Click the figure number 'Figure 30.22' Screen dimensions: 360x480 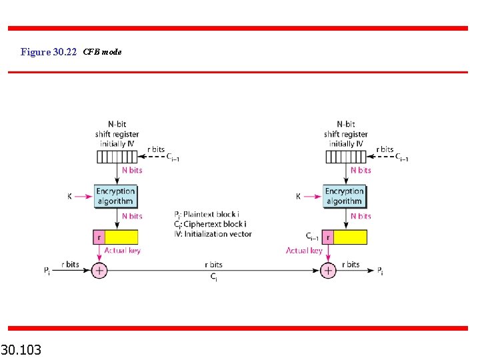point(49,52)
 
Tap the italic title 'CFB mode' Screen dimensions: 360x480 point(102,52)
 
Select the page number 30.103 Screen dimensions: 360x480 point(21,349)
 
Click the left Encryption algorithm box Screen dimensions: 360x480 point(115,196)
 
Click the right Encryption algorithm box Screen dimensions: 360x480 point(345,196)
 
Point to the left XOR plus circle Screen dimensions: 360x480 point(99,270)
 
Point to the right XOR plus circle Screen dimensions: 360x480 point(328,270)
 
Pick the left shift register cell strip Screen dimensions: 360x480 point(116,157)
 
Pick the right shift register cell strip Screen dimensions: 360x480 point(345,157)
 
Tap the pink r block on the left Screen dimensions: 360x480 point(99,237)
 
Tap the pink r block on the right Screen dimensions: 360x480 point(328,237)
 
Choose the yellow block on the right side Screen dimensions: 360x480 point(350,237)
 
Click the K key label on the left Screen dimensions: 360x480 point(69,197)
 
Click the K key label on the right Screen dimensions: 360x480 point(299,197)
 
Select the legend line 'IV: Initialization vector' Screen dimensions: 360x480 point(213,234)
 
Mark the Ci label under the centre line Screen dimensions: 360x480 point(213,277)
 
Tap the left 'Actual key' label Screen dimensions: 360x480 point(122,251)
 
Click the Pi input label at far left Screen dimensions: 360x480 point(47,270)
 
